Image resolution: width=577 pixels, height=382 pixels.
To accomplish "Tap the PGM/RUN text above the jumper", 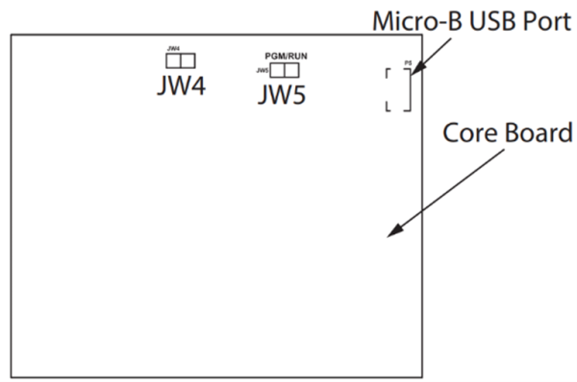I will pyautogui.click(x=287, y=57).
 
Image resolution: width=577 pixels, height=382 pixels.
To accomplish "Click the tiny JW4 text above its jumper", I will pyautogui.click(x=173, y=47).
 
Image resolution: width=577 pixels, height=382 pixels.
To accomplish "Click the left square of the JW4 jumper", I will pyautogui.click(x=173, y=60).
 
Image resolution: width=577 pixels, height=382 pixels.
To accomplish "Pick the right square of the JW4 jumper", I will pyautogui.click(x=188, y=60).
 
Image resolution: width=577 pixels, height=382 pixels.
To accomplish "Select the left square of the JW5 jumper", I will pyautogui.click(x=277, y=70).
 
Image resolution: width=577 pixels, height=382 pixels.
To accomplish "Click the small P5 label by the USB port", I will pyautogui.click(x=409, y=62).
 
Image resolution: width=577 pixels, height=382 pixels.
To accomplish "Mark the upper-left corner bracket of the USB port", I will pyautogui.click(x=388, y=73).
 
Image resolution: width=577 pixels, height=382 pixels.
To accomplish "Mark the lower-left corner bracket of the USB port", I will pyautogui.click(x=388, y=108).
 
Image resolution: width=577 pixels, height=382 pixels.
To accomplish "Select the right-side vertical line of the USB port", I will pyautogui.click(x=411, y=90).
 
